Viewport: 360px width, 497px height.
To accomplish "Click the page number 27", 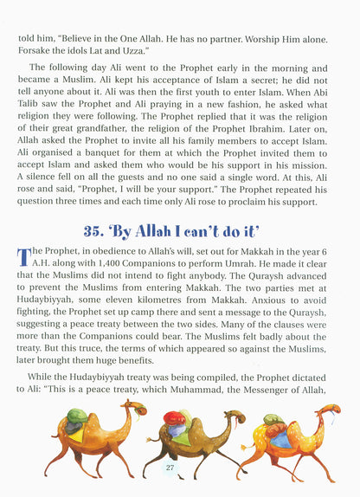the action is [170, 468].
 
